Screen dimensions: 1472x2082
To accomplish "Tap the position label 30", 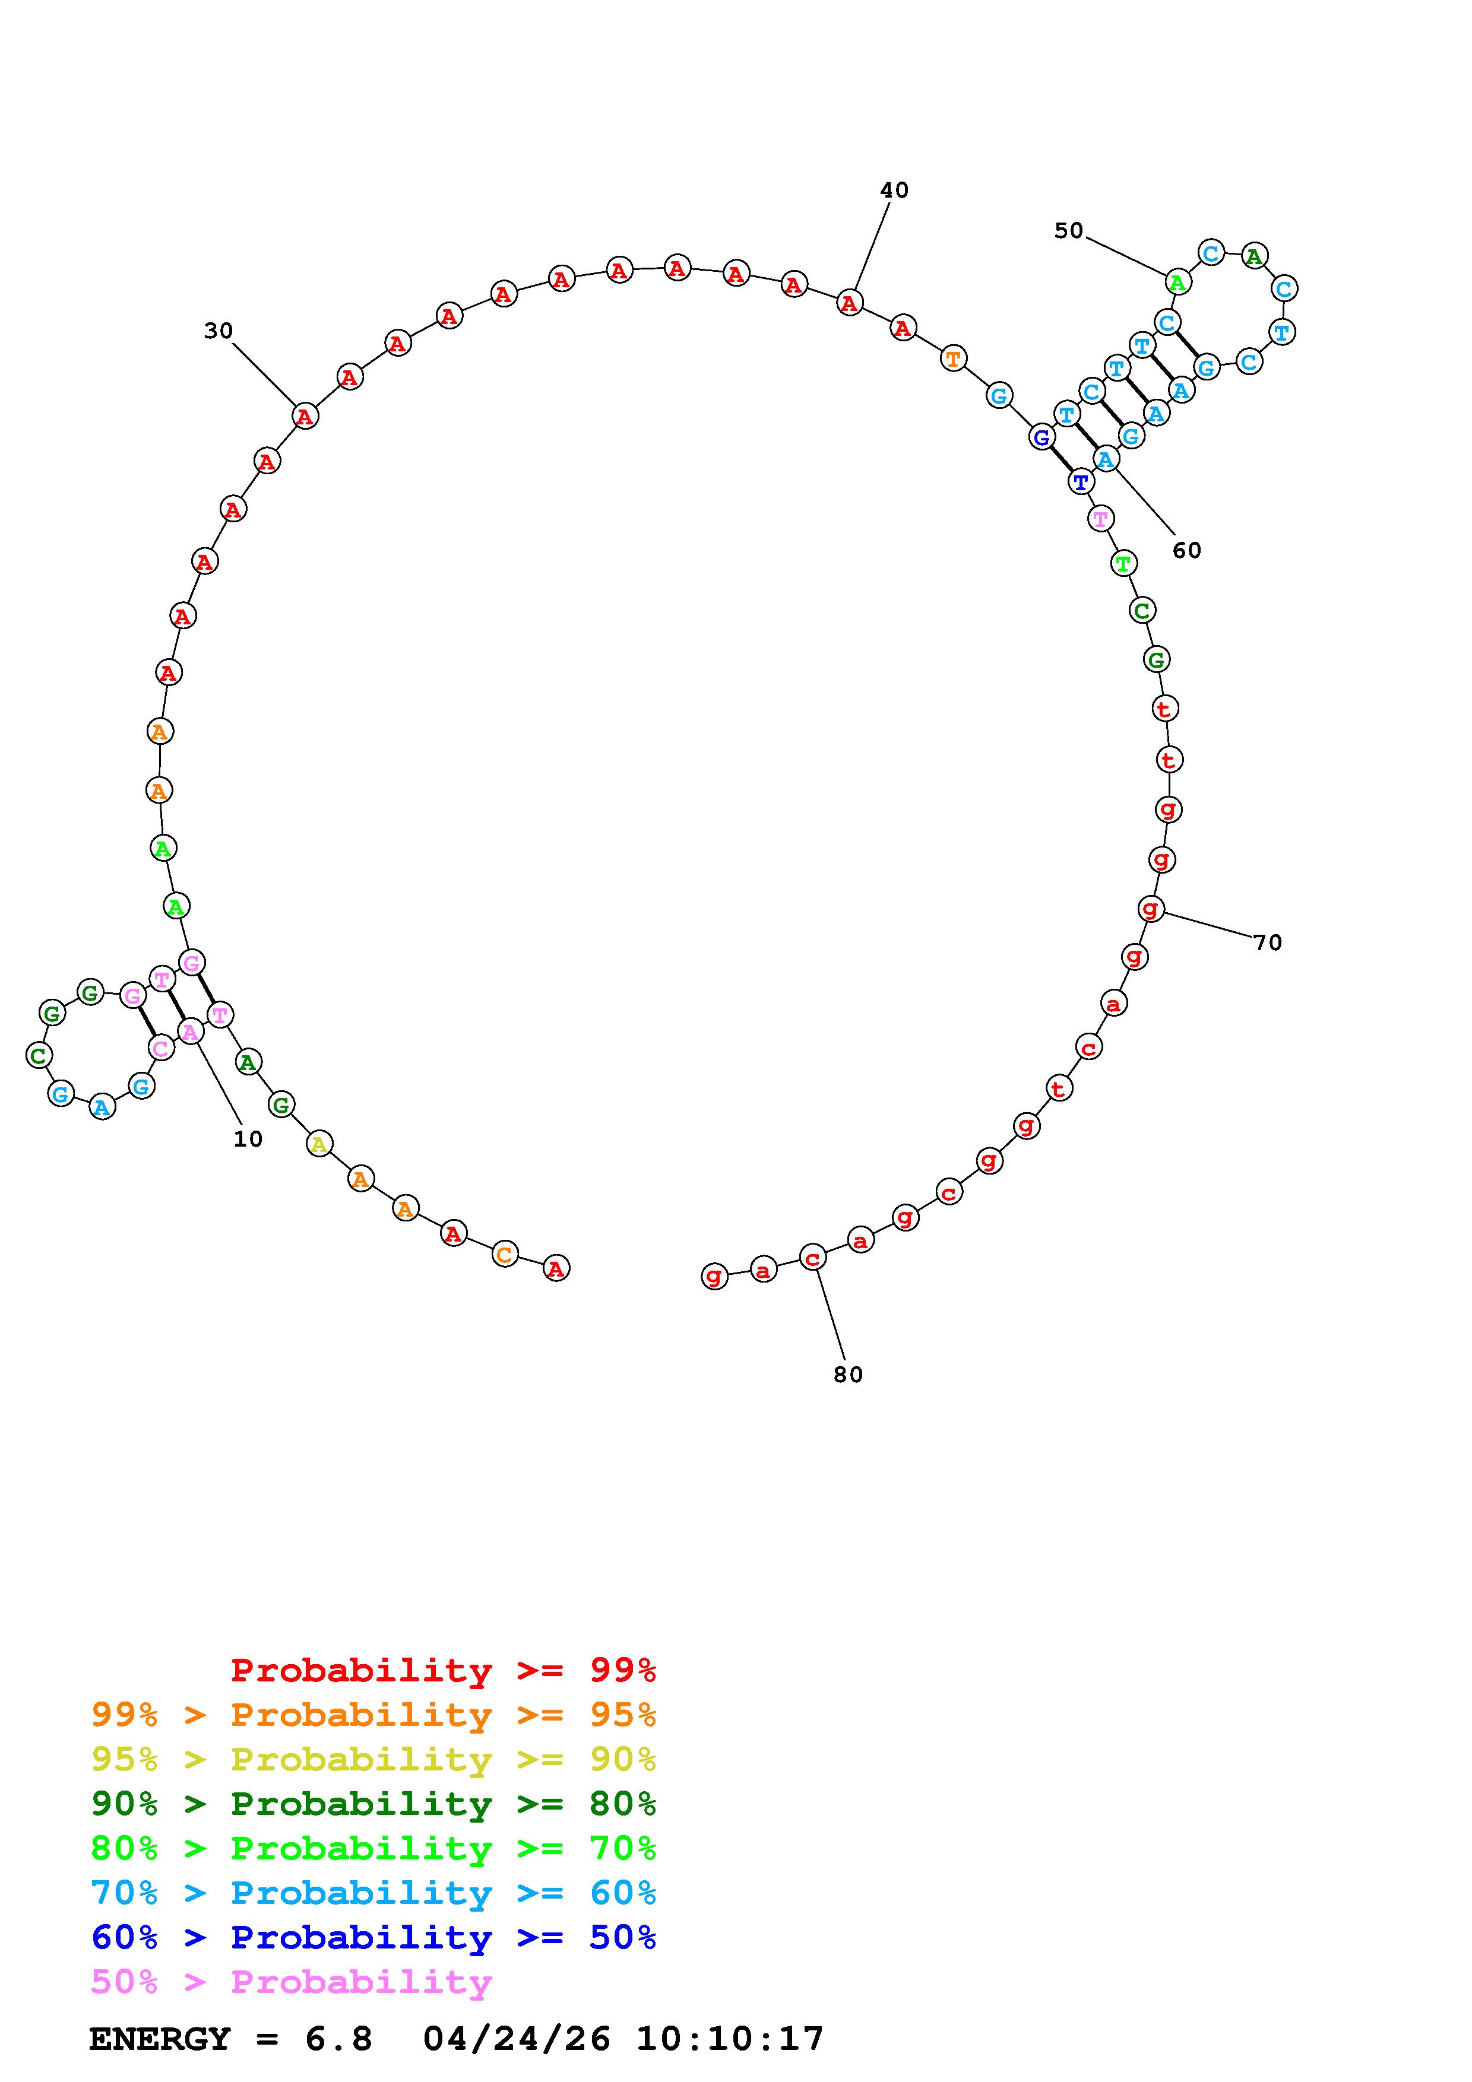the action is click(x=219, y=332).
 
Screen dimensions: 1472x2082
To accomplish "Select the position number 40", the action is click(x=894, y=191).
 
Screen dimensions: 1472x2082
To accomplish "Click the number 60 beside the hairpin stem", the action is click(x=1186, y=550).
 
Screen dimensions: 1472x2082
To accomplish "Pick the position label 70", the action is click(x=1268, y=943).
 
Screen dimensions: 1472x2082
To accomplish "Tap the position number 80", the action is click(x=848, y=1375).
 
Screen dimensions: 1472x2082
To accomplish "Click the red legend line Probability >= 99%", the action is click(x=444, y=1670).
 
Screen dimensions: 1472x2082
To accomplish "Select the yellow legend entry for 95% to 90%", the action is click(x=373, y=1759).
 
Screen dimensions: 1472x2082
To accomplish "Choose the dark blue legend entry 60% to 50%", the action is click(x=373, y=1937).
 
